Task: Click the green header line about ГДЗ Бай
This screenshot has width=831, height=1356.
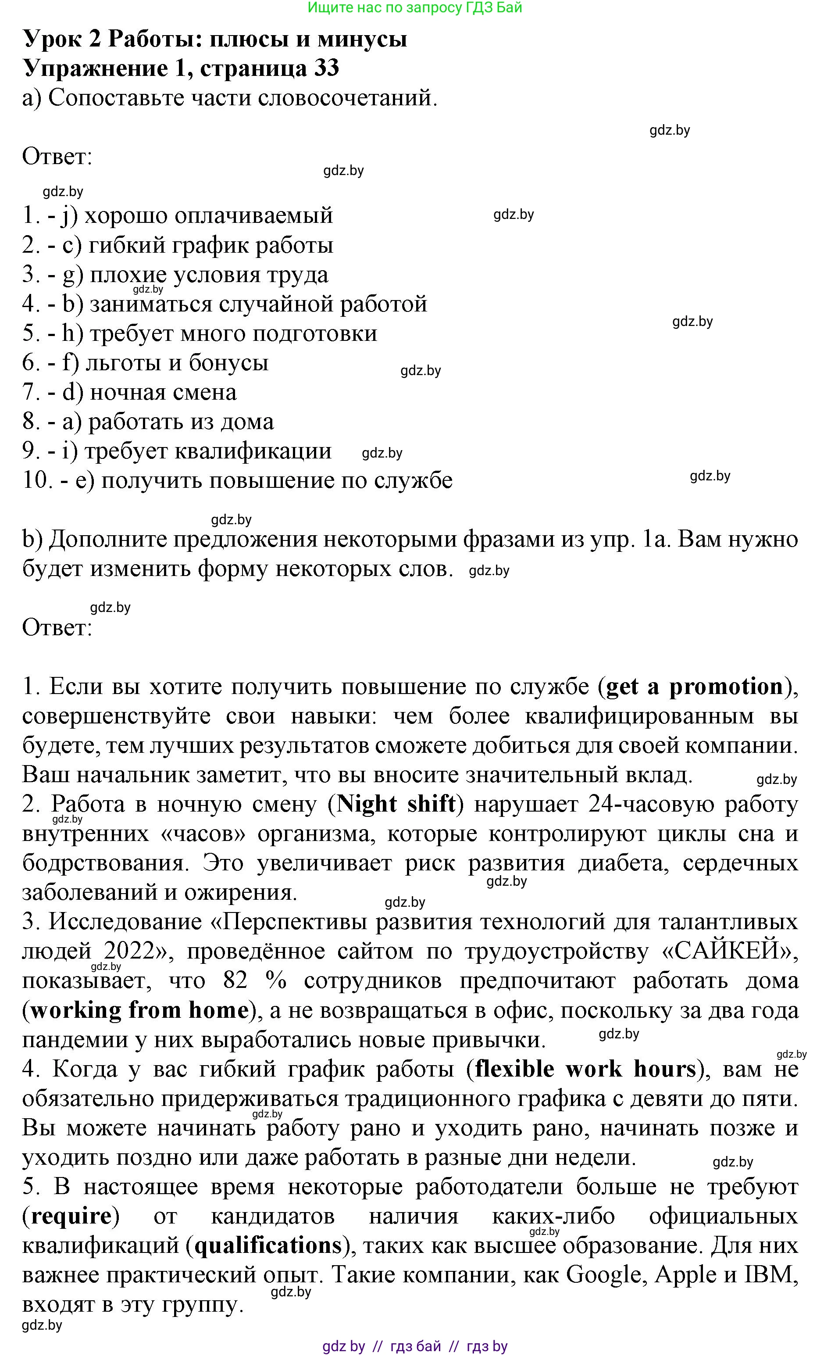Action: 415,8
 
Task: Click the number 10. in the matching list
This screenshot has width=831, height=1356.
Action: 37,480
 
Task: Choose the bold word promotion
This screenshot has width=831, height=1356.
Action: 726,687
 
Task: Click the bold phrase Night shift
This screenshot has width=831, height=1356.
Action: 396,805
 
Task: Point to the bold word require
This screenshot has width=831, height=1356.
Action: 71,1216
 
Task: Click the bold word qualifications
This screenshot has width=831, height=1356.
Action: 268,1246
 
